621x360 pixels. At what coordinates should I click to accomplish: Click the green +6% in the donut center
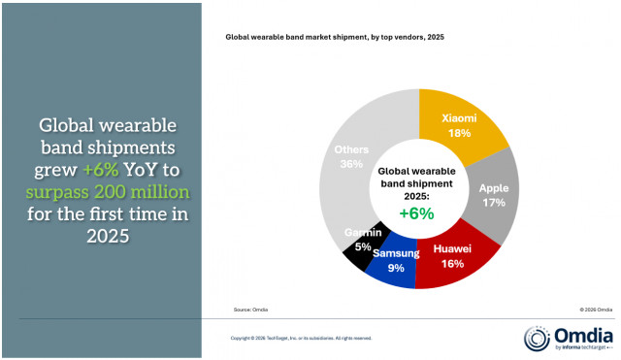[x=418, y=213]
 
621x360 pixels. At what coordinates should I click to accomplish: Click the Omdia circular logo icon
[x=538, y=338]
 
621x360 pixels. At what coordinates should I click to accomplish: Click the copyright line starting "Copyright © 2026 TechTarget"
[x=300, y=338]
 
